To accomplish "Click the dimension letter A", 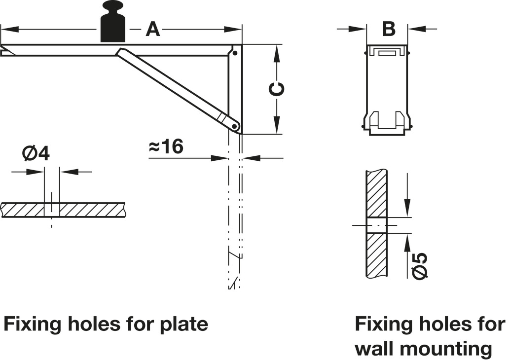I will point(153,30).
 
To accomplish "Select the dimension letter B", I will point(389,29).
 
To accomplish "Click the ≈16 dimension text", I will point(166,146).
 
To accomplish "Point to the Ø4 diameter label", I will point(36,154).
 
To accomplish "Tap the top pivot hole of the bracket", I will point(235,53).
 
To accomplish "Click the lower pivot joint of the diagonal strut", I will point(235,126).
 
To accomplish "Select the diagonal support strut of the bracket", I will point(173,86).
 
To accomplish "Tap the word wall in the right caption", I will point(375,349).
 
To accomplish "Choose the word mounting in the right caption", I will point(446,349).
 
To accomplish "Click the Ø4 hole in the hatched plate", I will point(51,210).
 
